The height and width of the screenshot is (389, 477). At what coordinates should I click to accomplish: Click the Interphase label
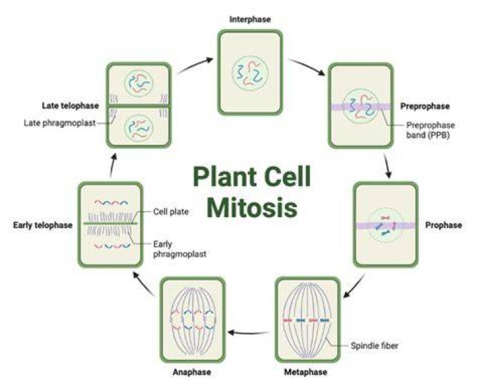click(x=250, y=19)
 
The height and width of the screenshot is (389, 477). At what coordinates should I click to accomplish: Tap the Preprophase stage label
click(x=425, y=107)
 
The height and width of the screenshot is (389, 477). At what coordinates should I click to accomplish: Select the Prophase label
click(x=443, y=226)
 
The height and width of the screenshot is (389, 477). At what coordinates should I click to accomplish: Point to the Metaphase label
click(x=305, y=372)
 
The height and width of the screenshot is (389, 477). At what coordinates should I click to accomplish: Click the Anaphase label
click(x=192, y=372)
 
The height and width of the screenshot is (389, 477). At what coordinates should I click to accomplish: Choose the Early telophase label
click(x=43, y=226)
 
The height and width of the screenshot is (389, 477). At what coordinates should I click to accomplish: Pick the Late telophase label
click(x=71, y=106)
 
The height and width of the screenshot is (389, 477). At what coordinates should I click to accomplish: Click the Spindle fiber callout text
click(x=374, y=345)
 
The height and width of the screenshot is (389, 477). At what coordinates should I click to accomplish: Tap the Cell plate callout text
click(x=171, y=212)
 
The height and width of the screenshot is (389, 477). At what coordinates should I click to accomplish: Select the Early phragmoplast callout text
click(x=180, y=249)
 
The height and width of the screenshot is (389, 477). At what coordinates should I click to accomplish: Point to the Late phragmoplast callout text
click(x=60, y=123)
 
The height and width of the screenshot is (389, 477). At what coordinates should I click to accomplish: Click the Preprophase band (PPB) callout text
click(x=431, y=130)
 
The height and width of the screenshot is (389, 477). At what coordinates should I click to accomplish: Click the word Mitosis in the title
click(x=252, y=208)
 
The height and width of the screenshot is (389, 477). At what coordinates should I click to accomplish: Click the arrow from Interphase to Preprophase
click(x=307, y=67)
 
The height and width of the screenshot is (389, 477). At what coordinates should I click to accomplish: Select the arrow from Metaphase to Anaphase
click(x=248, y=333)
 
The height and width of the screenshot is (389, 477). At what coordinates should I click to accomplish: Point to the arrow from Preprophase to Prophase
click(x=388, y=167)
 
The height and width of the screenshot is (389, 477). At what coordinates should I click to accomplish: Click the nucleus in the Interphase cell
click(x=250, y=74)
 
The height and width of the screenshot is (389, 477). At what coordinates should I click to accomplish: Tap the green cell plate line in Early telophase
click(x=111, y=224)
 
